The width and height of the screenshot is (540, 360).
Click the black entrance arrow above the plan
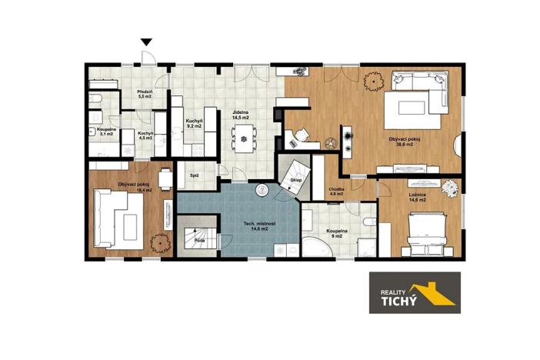click(146, 42)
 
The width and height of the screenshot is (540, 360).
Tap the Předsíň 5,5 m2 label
click(145, 95)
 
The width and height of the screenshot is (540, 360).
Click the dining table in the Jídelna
click(245, 139)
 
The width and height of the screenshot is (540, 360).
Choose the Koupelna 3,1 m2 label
click(106, 132)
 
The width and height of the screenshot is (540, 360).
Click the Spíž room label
click(194, 175)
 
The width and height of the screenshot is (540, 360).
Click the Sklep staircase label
click(296, 182)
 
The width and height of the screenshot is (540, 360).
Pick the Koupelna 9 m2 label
click(338, 235)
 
